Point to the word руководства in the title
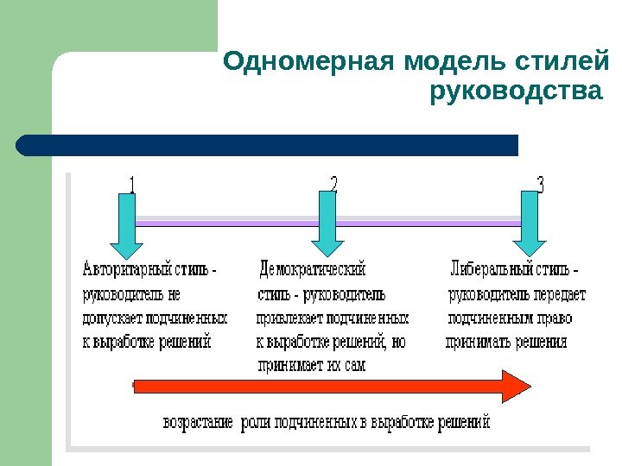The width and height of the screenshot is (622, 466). coord(514,91)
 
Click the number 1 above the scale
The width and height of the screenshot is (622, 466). coord(132,186)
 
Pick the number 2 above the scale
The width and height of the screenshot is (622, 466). coord(334,185)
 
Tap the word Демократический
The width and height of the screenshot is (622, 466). coord(313,270)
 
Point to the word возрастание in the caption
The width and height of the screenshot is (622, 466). coord(199,424)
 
